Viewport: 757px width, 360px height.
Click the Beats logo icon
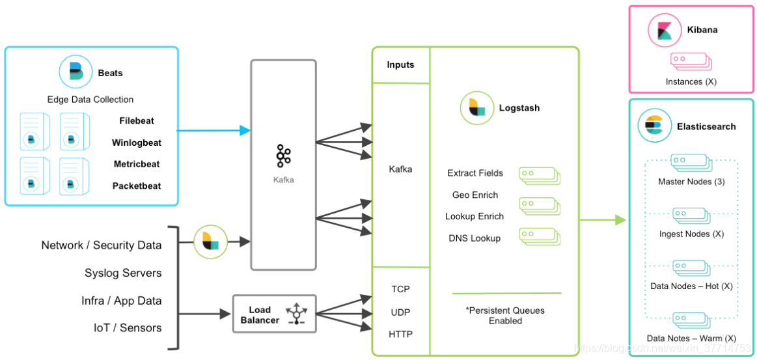(x=76, y=72)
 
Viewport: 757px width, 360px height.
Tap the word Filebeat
(x=137, y=120)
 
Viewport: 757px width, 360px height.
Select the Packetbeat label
(x=137, y=186)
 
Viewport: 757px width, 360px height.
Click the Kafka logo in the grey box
(x=283, y=157)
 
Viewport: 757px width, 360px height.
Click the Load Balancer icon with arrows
(x=297, y=313)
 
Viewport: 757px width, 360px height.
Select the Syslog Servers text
(x=123, y=273)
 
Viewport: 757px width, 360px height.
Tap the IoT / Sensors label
(x=128, y=327)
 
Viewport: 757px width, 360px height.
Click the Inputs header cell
(x=400, y=65)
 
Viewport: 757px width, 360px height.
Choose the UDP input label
(x=401, y=312)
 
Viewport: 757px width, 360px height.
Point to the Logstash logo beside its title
(x=476, y=108)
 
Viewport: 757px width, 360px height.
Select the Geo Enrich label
(x=475, y=195)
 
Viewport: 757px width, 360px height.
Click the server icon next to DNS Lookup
(x=540, y=236)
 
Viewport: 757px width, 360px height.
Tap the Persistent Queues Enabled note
(x=505, y=315)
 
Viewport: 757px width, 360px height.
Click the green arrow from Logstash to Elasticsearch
(x=601, y=220)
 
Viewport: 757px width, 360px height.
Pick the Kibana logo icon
(x=664, y=30)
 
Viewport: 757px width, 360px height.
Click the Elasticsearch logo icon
(x=654, y=126)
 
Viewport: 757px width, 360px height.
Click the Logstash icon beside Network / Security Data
(x=211, y=242)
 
